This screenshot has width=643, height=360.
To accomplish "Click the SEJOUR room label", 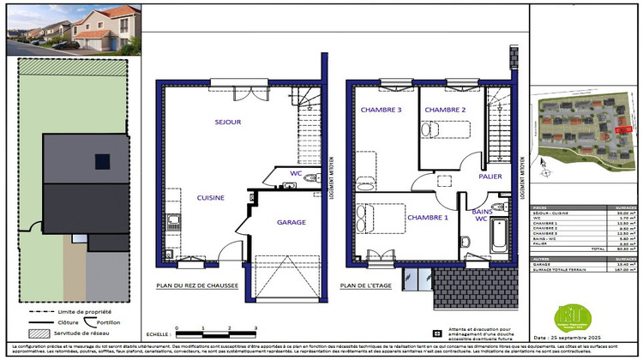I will click(x=227, y=123).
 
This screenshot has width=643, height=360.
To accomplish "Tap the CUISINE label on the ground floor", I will click(x=211, y=197).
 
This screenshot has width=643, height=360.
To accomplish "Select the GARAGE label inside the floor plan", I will click(x=291, y=221).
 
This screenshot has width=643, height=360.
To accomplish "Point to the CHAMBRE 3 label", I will click(x=381, y=111).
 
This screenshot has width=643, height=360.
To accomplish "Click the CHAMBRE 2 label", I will click(x=444, y=111).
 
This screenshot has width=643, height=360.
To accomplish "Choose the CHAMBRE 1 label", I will click(x=428, y=218).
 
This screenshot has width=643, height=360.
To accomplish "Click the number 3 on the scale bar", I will click(x=256, y=327).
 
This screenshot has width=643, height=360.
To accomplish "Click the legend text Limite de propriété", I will click(x=86, y=311).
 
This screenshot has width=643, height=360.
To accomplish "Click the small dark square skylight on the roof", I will click(x=103, y=161).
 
